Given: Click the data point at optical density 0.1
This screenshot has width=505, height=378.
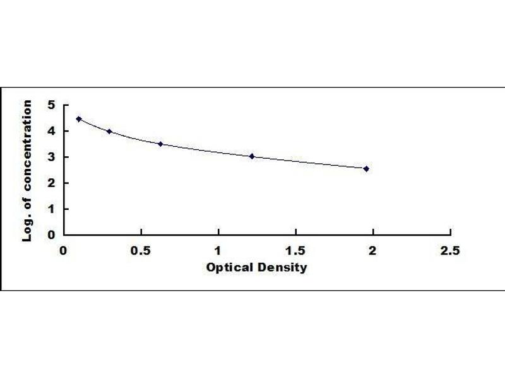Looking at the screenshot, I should click(79, 119).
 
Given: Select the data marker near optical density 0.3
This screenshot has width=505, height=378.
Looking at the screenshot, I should click(109, 131).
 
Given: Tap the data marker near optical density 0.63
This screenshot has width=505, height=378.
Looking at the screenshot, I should click(160, 144).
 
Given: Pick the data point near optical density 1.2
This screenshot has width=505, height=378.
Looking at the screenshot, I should click(251, 156).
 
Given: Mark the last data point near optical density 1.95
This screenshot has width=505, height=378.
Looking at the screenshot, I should click(366, 169).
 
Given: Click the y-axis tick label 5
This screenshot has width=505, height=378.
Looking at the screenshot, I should click(51, 105).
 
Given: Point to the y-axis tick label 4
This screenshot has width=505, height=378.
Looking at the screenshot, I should click(51, 131).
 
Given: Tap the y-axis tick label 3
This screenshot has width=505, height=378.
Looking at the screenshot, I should click(51, 157).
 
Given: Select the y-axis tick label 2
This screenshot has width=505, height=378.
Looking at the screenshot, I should click(51, 183).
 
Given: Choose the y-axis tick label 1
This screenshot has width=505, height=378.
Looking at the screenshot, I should click(51, 209).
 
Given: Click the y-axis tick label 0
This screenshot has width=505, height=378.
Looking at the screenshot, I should click(51, 234).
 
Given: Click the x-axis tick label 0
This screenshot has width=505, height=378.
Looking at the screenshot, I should click(64, 250).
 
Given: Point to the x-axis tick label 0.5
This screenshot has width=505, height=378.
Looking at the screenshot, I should click(141, 250).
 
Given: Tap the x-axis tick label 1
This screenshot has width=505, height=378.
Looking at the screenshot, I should click(218, 250).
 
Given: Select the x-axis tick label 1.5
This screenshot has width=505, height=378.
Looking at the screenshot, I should click(295, 250).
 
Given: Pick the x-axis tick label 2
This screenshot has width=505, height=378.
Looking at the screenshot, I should click(373, 250).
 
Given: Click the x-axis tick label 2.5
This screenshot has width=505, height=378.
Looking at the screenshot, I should click(450, 250).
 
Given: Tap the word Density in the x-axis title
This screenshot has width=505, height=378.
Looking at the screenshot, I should click(282, 267).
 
